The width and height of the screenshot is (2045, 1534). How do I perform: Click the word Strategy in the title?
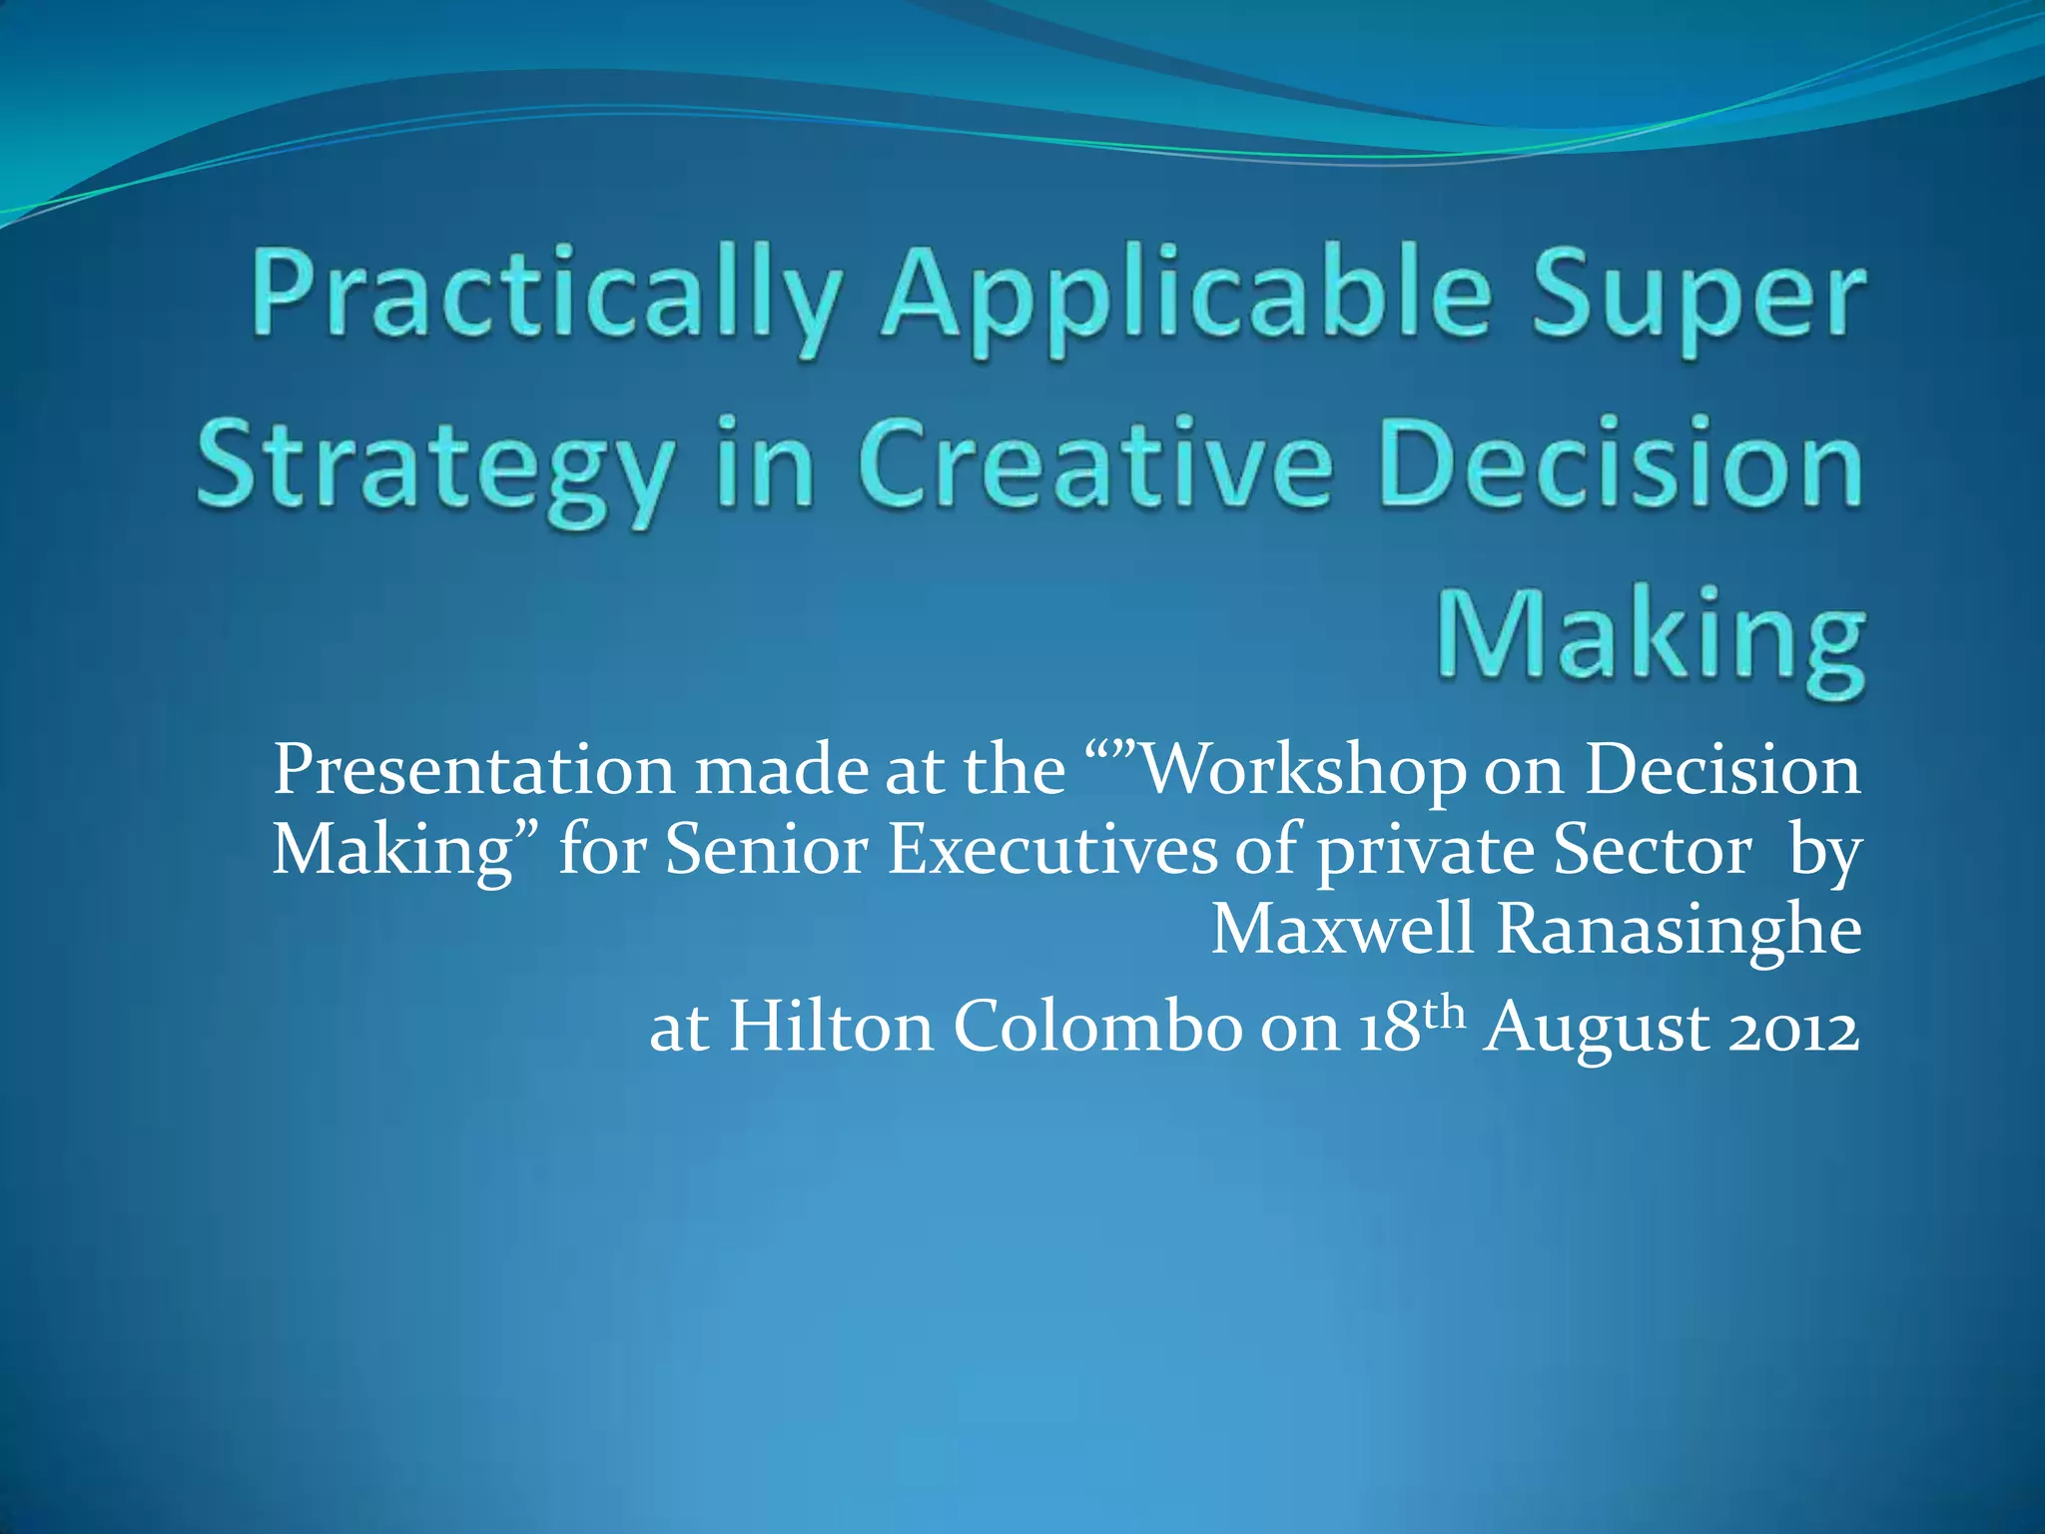coord(434,465)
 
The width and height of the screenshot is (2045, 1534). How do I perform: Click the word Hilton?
coord(831,1027)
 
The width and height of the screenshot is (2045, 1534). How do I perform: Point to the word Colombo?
coord(1096,1027)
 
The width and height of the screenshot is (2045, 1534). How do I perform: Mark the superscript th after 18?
coord(1445,1013)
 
